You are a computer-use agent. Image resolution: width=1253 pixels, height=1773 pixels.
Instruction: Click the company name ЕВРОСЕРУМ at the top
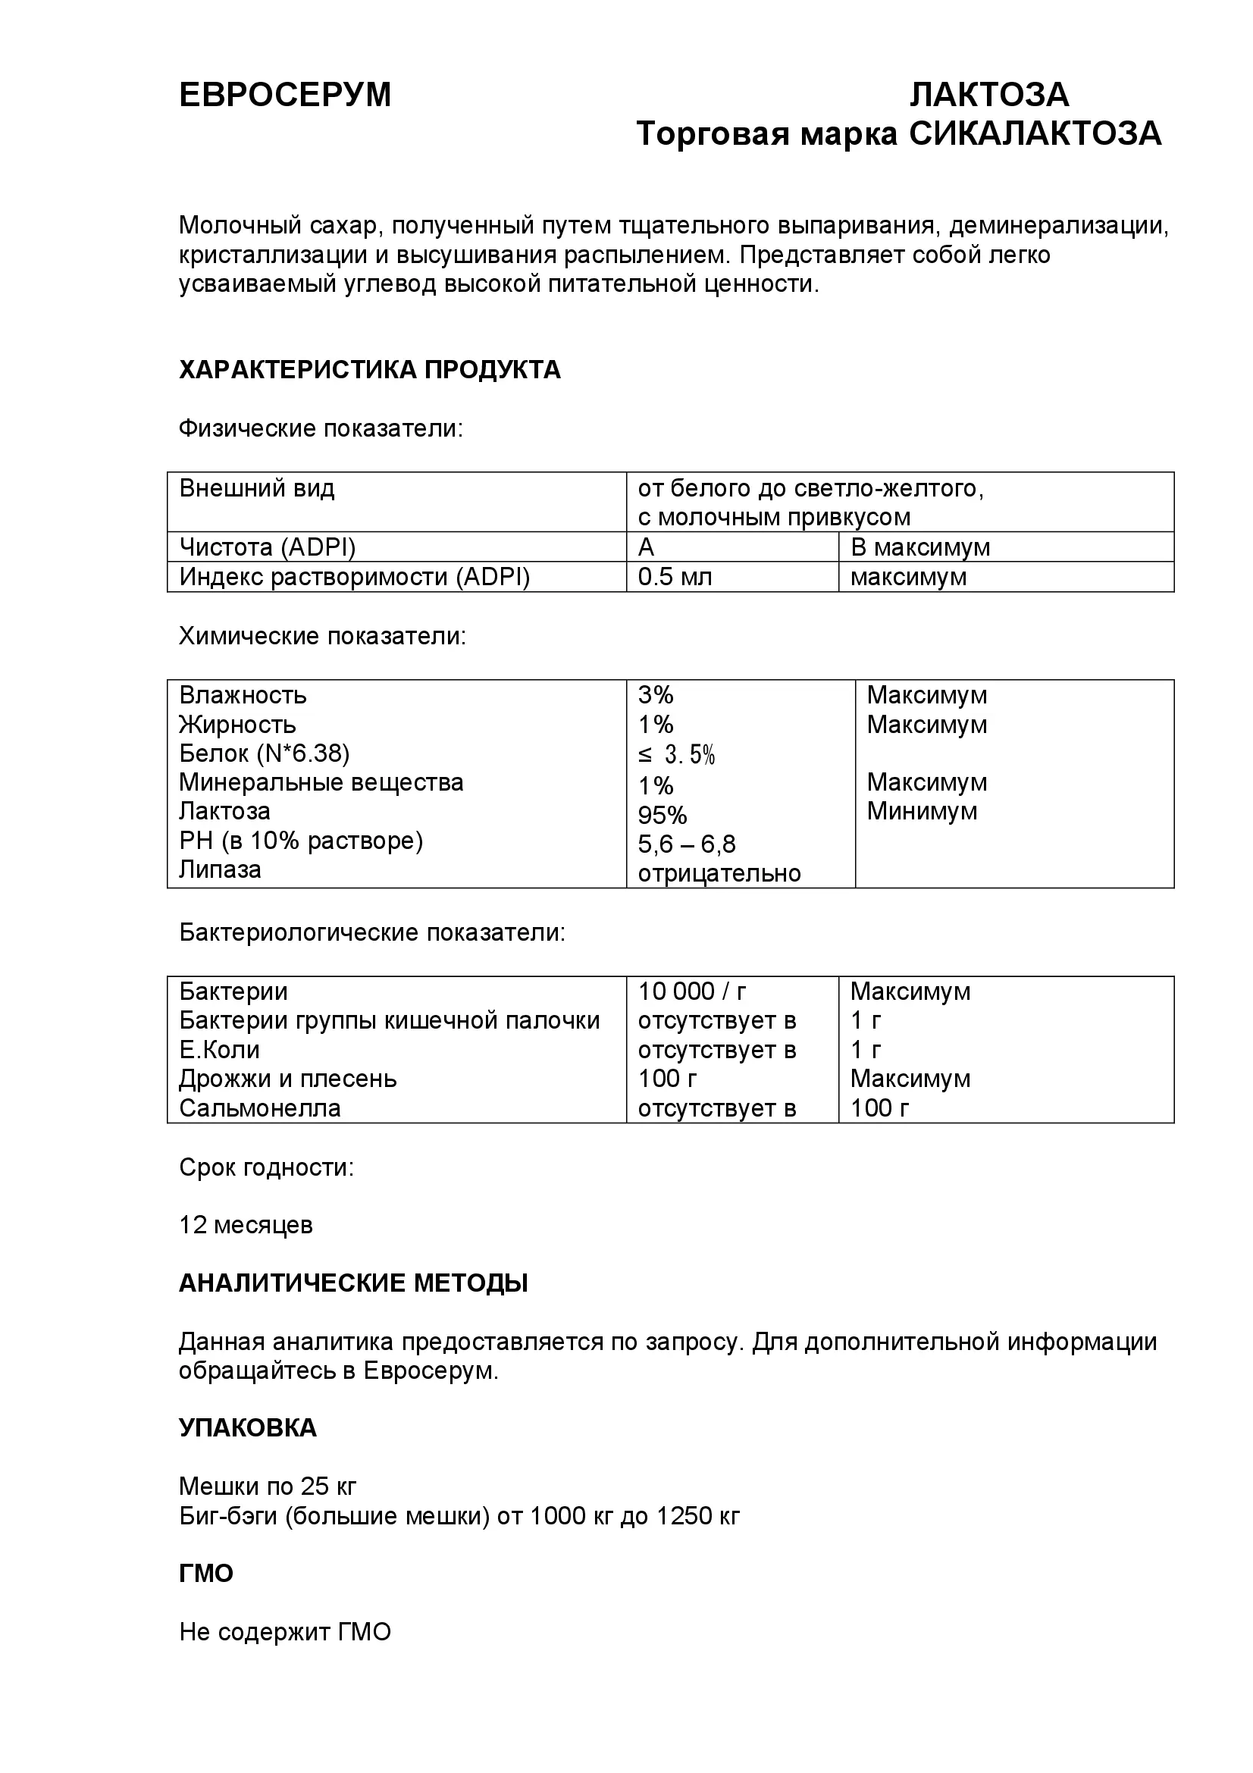(x=285, y=95)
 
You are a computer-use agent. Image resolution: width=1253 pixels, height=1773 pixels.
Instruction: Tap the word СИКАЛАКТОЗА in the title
(x=1035, y=133)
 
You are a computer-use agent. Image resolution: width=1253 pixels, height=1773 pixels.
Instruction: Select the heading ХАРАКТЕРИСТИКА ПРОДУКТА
(x=370, y=370)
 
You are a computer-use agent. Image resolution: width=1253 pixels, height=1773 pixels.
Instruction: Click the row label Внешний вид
(x=256, y=488)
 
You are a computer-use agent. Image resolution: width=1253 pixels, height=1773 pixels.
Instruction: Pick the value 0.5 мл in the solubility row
(x=675, y=577)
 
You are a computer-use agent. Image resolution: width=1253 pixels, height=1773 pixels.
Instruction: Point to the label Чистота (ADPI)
(x=267, y=547)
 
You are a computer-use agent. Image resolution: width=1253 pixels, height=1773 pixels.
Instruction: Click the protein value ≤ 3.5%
(x=676, y=754)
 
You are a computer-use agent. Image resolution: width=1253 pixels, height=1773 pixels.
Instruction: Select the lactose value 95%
(x=663, y=815)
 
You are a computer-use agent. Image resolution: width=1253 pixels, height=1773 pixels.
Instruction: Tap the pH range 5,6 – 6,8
(x=686, y=844)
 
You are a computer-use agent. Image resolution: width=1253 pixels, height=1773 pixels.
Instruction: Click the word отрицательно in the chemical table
(x=719, y=873)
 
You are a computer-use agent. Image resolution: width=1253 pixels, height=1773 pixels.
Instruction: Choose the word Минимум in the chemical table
(x=922, y=811)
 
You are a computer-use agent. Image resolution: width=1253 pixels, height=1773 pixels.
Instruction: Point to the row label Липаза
(x=220, y=869)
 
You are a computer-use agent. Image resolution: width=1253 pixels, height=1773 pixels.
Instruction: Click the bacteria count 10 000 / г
(x=692, y=991)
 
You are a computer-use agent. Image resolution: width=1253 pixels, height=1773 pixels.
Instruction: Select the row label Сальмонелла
(x=259, y=1108)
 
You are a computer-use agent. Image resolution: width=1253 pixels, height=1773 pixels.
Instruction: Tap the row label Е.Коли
(x=219, y=1049)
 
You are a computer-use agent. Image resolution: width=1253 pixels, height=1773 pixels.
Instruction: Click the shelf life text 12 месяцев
(x=246, y=1225)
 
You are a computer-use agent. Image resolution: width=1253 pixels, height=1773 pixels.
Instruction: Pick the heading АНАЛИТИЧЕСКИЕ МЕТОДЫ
(x=352, y=1283)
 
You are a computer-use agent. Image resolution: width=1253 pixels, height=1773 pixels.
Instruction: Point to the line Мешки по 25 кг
(x=267, y=1486)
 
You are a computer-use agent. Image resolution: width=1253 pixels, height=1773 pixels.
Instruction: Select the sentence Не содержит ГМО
(x=285, y=1632)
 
